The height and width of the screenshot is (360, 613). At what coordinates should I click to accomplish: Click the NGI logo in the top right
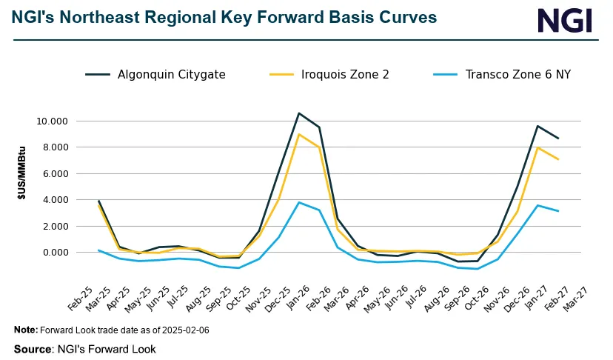coord(564,21)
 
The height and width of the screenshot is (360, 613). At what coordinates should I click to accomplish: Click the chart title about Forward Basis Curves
coord(224,17)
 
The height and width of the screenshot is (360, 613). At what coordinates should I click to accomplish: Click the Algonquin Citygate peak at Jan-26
coord(298,113)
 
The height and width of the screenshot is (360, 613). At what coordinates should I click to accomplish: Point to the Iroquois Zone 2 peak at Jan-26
coord(298,134)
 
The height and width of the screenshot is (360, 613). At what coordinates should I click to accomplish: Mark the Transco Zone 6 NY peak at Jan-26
coord(298,202)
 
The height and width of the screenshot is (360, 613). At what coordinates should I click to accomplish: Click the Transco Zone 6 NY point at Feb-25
coord(98,250)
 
